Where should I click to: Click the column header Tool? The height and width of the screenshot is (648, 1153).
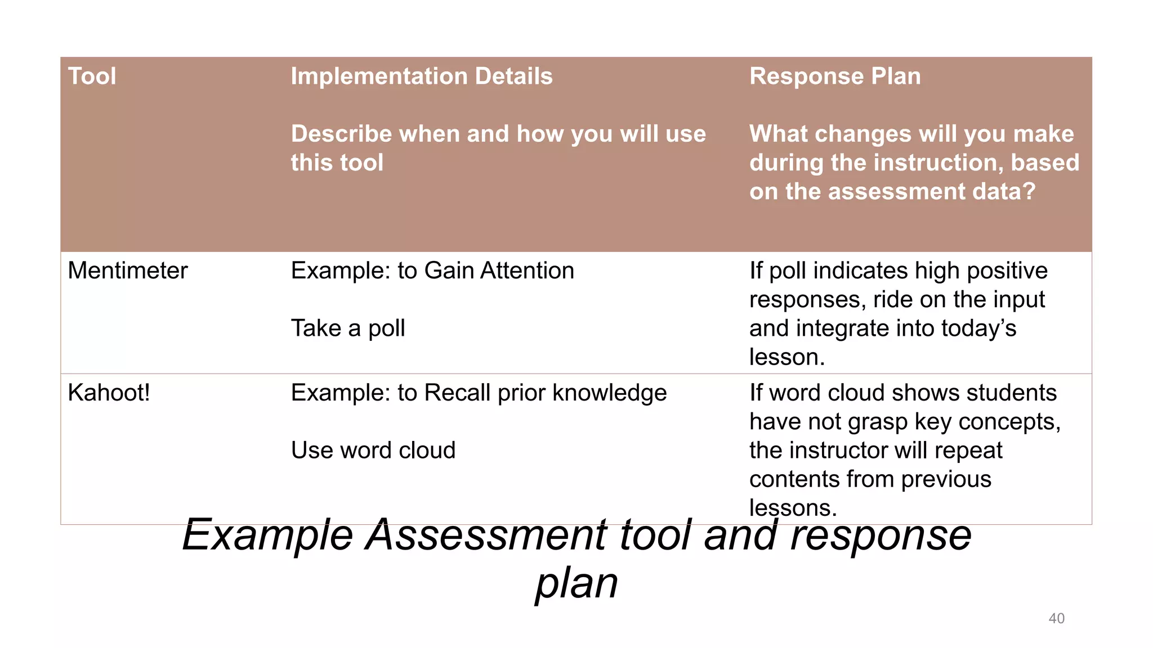[x=92, y=76]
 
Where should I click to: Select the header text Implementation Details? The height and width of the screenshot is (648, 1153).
[x=422, y=76]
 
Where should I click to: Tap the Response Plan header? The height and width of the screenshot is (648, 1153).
[x=835, y=76]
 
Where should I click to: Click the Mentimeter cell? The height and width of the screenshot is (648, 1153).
[x=127, y=271]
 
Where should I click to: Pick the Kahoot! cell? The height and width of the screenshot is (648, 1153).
[x=109, y=393]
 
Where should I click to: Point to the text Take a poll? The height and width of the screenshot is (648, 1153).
[x=348, y=328]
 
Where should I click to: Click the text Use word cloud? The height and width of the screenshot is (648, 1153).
[x=373, y=450]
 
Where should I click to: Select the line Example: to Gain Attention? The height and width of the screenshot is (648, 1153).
[x=432, y=271]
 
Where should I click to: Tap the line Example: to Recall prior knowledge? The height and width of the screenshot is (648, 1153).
[x=479, y=393]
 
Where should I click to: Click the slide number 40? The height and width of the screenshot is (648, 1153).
[x=1056, y=618]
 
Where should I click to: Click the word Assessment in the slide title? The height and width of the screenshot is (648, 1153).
[x=486, y=534]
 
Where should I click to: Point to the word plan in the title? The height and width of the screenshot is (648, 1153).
[x=576, y=583]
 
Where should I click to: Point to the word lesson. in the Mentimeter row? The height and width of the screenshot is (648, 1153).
[x=786, y=357]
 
